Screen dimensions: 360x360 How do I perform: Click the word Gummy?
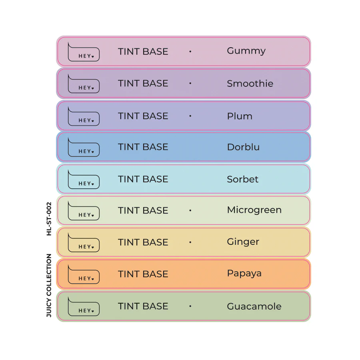[x=246, y=51]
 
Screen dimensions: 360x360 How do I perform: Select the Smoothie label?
[x=250, y=83]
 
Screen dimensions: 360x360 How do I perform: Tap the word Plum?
[x=240, y=116]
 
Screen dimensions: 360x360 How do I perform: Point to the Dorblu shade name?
[x=243, y=147]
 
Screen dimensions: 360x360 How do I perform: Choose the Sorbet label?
[x=243, y=179]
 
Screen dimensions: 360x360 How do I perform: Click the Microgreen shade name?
[x=254, y=210]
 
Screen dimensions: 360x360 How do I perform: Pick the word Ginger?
[x=243, y=242]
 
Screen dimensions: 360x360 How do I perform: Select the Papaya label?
[x=244, y=274]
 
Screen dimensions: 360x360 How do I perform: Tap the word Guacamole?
[x=254, y=306]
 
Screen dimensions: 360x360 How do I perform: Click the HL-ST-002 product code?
[x=49, y=219]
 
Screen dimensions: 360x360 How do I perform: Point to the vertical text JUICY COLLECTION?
[x=49, y=285]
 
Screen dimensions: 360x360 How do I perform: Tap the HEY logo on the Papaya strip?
[x=84, y=274]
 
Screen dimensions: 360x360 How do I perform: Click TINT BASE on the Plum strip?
[x=143, y=116]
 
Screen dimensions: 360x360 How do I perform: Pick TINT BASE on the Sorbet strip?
[x=143, y=179]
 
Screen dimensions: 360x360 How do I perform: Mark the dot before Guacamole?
[x=190, y=306]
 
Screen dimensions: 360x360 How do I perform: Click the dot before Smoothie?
[x=190, y=83]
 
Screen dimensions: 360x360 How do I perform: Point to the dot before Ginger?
[x=190, y=242]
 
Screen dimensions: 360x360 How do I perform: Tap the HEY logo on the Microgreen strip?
[x=84, y=211]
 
